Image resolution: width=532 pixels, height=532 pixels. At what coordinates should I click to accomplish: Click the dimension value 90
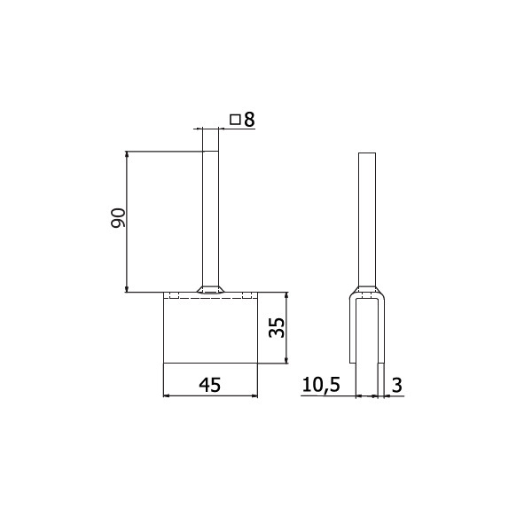(118, 218)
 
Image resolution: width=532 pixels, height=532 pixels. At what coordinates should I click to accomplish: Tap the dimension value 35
(276, 328)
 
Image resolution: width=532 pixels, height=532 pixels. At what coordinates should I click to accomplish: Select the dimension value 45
(209, 385)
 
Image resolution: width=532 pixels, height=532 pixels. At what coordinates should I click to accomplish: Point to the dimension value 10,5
(321, 386)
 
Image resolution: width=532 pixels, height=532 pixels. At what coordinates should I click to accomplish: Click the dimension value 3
(396, 385)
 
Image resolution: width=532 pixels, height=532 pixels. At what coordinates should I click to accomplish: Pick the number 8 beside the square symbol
(249, 120)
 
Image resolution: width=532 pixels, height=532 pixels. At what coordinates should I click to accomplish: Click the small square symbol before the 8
(235, 120)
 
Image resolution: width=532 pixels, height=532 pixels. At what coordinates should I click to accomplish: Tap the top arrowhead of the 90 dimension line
(127, 154)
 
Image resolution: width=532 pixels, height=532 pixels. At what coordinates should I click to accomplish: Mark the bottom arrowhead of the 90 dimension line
(127, 288)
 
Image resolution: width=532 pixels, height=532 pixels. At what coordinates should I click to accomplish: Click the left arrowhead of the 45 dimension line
(167, 395)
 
